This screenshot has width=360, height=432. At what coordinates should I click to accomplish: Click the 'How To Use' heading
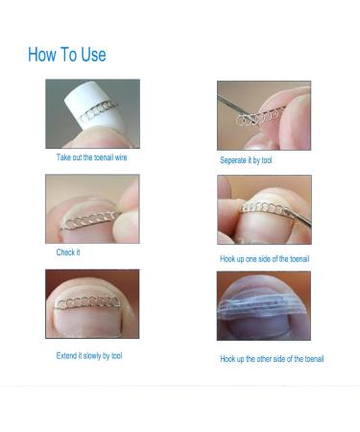pos(67,55)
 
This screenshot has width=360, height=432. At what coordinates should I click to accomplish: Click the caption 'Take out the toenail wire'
pos(91,156)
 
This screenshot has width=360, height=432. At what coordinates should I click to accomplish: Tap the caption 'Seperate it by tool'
pos(246,160)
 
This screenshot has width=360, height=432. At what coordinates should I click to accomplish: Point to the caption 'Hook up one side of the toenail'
pos(265,259)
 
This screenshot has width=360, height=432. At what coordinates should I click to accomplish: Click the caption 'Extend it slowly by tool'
pos(89,356)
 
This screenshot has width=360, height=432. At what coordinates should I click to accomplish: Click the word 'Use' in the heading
pos(91,55)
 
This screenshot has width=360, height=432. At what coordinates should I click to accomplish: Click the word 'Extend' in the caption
pos(67,356)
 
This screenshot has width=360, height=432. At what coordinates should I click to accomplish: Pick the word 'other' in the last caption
pos(276,359)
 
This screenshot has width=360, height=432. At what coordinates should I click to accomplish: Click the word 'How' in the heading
pos(42,55)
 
